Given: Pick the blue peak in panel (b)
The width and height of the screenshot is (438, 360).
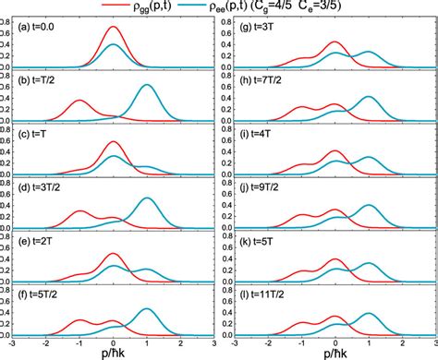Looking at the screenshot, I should pos(146,86).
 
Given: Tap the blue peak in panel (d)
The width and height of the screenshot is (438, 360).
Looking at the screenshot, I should pos(146,198).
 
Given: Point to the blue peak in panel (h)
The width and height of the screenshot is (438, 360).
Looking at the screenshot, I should pos(369,97).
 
